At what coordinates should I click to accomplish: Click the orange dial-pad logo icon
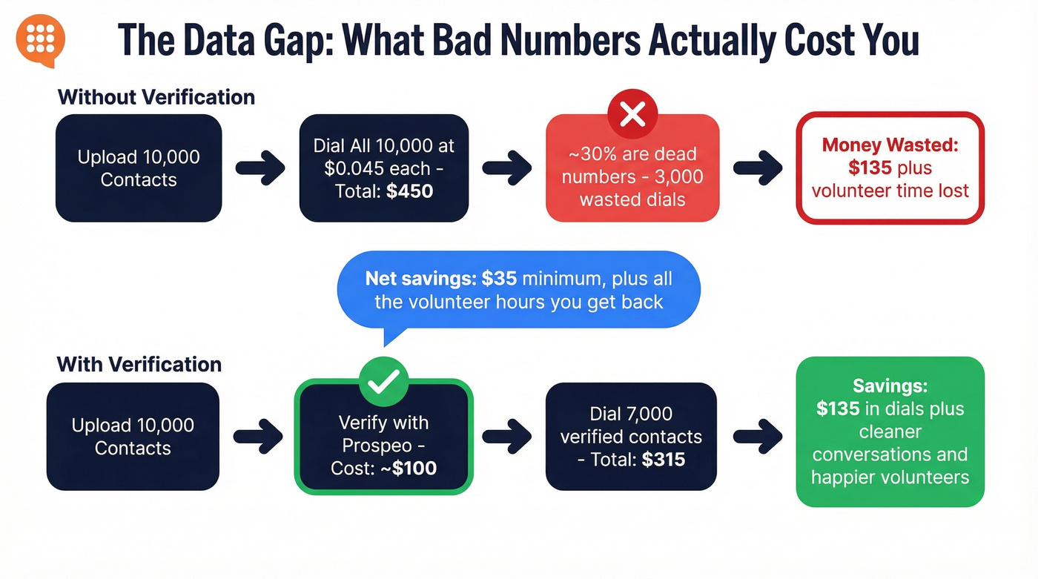coord(40,38)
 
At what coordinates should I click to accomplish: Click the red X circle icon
coord(632,114)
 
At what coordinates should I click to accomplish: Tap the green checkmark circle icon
coord(383,381)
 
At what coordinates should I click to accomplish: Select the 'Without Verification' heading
coord(156,97)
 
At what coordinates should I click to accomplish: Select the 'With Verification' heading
coord(139,364)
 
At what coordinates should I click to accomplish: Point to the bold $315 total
coord(664,459)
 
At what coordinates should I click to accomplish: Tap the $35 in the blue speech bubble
coord(498,279)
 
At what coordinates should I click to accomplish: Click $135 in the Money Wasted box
coord(870,167)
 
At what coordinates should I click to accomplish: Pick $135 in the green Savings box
coord(838,408)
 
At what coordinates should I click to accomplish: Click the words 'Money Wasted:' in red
coord(890,144)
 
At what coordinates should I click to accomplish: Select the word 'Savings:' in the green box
coord(890,386)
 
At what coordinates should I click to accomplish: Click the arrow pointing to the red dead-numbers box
coord(507,168)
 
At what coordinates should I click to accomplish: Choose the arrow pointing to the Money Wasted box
coord(757,168)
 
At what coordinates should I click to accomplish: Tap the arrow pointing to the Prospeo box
coord(257,436)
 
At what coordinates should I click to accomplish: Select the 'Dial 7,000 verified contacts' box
coord(631,436)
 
